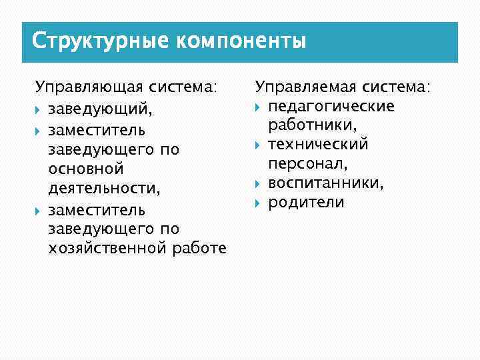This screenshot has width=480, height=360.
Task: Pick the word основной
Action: pyautogui.click(x=86, y=169)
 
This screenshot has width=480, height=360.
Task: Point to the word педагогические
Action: pyautogui.click(x=331, y=107)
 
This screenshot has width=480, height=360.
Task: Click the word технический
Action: pyautogui.click(x=318, y=145)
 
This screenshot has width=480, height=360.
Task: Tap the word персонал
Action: pyautogui.click(x=307, y=163)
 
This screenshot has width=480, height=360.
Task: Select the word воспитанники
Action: pyautogui.click(x=326, y=183)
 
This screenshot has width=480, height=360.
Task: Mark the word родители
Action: pyautogui.click(x=306, y=202)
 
